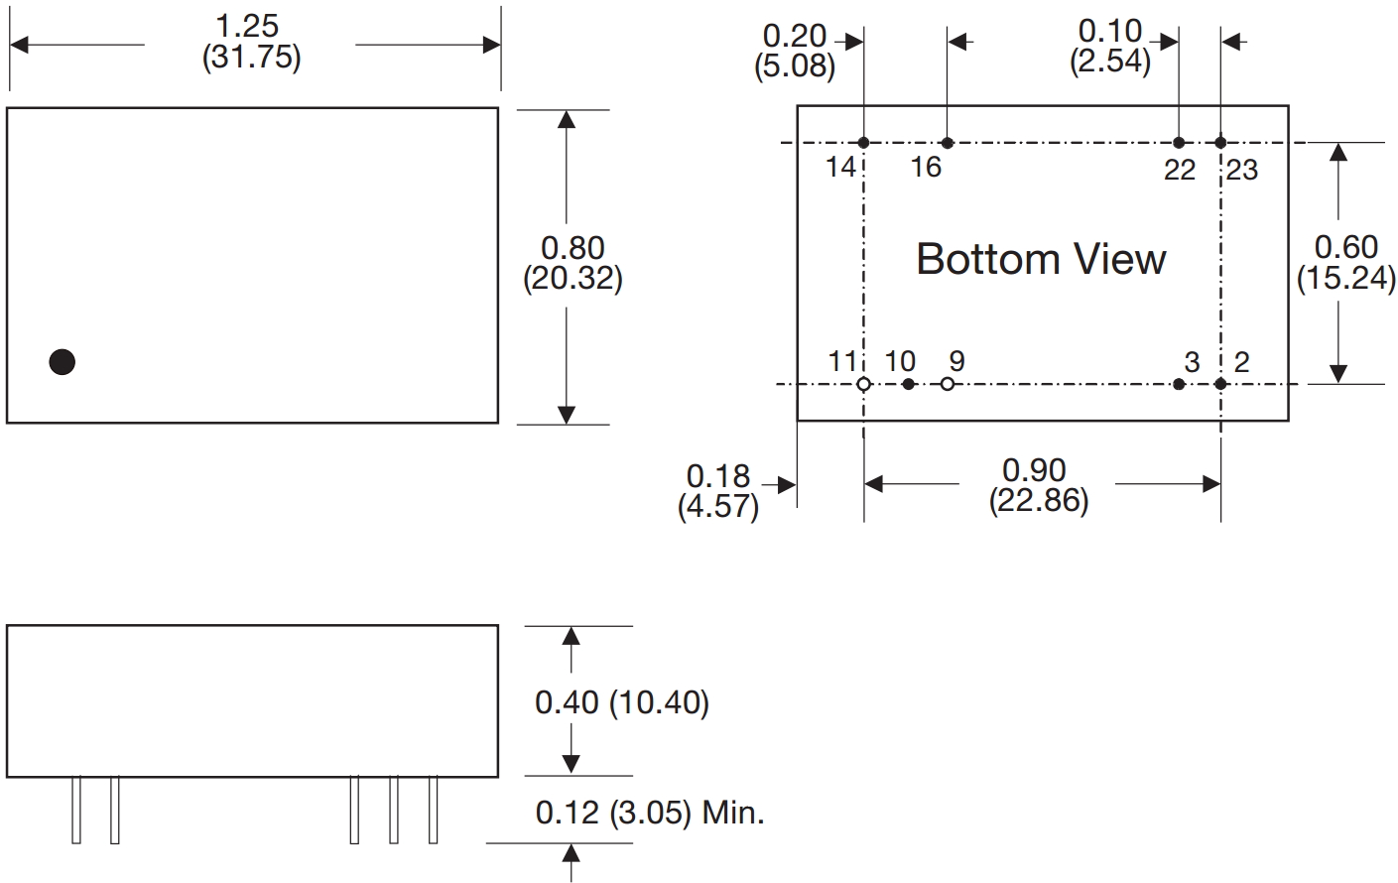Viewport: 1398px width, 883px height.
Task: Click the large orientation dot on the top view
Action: pyautogui.click(x=63, y=362)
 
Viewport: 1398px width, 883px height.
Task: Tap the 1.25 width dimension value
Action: pyautogui.click(x=246, y=26)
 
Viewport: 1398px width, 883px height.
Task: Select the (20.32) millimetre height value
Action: pyautogui.click(x=572, y=279)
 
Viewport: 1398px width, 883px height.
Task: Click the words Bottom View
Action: pyautogui.click(x=1041, y=259)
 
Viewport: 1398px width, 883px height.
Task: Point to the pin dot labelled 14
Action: pyautogui.click(x=864, y=143)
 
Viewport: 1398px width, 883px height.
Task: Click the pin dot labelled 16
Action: pyautogui.click(x=948, y=143)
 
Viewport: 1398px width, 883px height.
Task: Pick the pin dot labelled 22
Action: pyautogui.click(x=1179, y=143)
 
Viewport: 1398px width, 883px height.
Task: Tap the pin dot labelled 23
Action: pyautogui.click(x=1220, y=143)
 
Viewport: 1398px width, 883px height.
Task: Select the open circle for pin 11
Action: pyautogui.click(x=864, y=384)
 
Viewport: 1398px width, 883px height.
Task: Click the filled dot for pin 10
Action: pyautogui.click(x=909, y=384)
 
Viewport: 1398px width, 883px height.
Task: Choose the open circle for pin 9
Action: pyautogui.click(x=948, y=384)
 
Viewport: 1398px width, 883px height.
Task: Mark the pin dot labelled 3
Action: pyautogui.click(x=1179, y=384)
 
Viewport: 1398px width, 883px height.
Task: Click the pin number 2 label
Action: pyautogui.click(x=1242, y=362)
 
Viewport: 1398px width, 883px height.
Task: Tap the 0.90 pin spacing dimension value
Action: pyautogui.click(x=1034, y=470)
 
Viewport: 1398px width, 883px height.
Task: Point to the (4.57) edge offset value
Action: pyautogui.click(x=718, y=506)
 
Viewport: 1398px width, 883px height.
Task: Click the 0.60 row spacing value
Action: pyautogui.click(x=1346, y=247)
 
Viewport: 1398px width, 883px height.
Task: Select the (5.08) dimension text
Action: pyautogui.click(x=795, y=66)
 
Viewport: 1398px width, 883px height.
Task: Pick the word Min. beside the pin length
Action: pyautogui.click(x=733, y=814)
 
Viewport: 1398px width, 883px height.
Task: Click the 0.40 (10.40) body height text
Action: pyautogui.click(x=622, y=702)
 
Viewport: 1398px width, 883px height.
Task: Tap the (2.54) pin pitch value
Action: pyautogui.click(x=1110, y=62)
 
